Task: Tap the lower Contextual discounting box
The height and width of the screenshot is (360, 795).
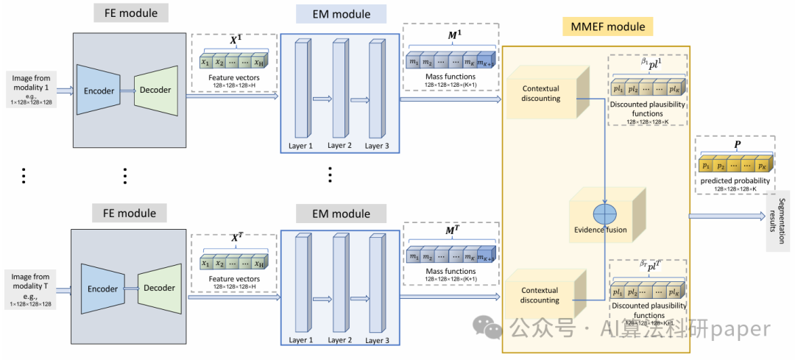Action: [x=541, y=295]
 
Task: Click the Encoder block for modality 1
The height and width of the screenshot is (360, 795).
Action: [x=99, y=90]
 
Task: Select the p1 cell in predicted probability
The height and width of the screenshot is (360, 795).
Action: [x=707, y=167]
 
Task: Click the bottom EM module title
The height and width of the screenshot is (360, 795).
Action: [x=341, y=213]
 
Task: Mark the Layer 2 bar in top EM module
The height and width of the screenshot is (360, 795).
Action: [x=339, y=89]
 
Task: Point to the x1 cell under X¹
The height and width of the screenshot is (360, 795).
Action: [x=205, y=63]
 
